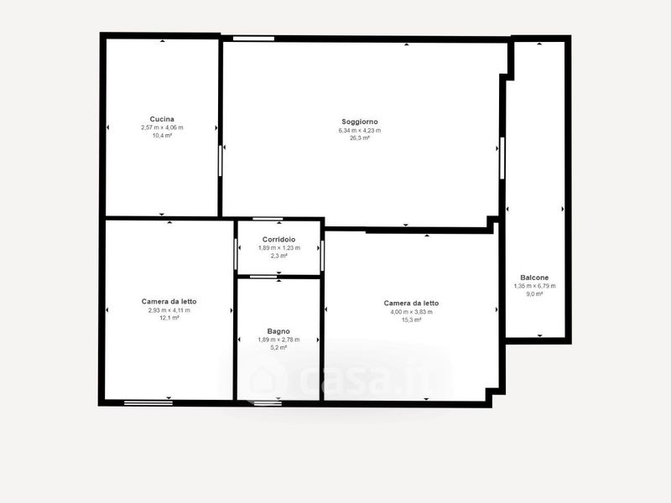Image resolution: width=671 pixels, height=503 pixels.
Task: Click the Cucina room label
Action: coord(162,119)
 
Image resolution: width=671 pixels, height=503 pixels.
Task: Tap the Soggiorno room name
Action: coord(360,122)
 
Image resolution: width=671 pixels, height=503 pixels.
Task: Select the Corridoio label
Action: coord(278,240)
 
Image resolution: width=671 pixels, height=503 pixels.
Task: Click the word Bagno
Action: coord(278,331)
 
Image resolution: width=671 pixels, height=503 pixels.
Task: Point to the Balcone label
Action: coord(534,277)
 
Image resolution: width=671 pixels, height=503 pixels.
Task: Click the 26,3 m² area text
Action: coord(360,138)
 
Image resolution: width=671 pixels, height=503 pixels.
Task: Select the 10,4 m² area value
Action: coord(162,136)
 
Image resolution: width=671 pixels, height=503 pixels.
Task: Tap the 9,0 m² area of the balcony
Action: coord(534,294)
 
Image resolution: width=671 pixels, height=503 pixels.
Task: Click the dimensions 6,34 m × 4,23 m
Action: coord(360,131)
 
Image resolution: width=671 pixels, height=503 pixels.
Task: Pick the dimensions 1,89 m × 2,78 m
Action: coord(278,340)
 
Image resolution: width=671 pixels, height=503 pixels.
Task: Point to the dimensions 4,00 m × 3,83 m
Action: coord(411,312)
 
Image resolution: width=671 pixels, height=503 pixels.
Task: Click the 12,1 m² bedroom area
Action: coord(169,319)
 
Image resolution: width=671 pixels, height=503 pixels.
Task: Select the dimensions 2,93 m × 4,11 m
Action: coord(169,310)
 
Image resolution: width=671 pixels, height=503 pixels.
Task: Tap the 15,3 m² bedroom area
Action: coord(411,320)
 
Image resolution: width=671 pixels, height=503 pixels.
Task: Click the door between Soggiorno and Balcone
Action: coord(502,158)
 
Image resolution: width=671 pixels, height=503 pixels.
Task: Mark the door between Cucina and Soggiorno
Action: coord(221,160)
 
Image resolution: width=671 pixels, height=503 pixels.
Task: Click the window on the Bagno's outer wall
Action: coord(268,402)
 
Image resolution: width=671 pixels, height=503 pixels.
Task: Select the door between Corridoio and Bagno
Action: coord(263,277)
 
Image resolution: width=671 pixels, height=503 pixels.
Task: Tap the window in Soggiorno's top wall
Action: coord(253,39)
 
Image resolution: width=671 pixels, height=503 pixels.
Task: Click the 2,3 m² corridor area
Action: coord(278,256)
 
